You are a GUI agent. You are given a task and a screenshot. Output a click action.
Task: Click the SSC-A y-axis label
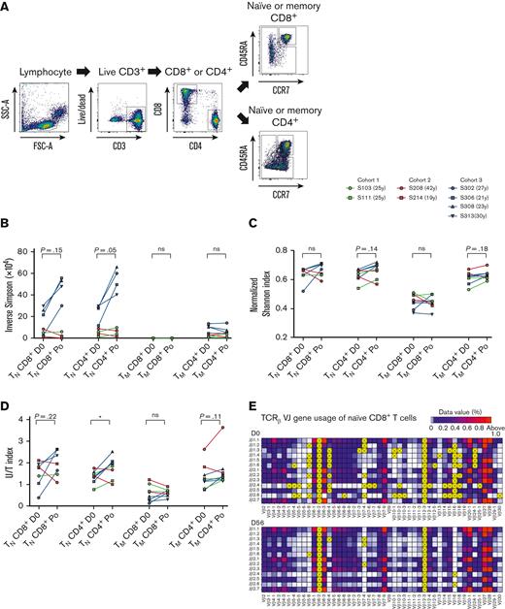8,109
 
